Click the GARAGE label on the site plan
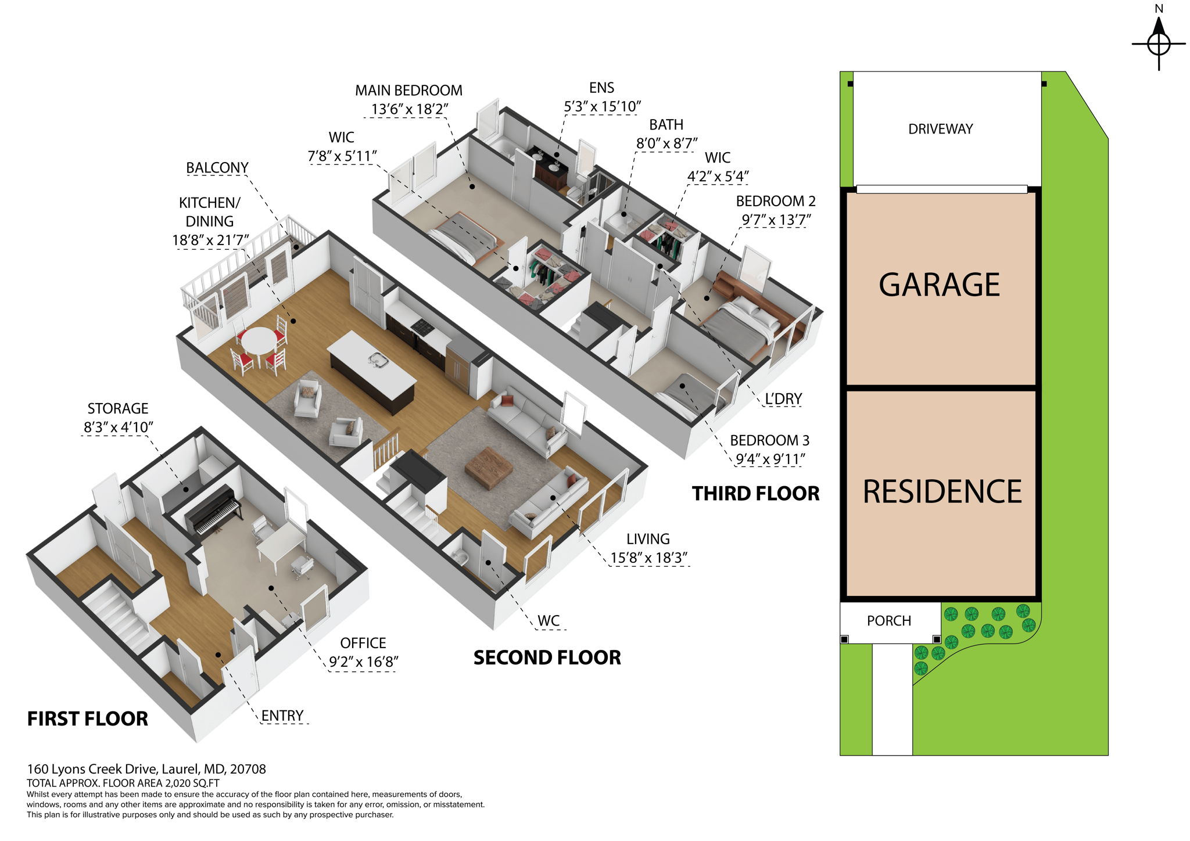(939, 285)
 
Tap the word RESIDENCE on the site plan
(942, 492)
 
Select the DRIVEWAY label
(940, 129)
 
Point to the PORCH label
(888, 621)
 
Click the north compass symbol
(1159, 43)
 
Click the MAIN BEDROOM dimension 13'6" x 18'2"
(409, 109)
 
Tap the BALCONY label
(217, 168)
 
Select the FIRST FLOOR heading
(88, 719)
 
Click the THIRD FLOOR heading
(755, 494)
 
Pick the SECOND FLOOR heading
(547, 657)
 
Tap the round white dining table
(259, 340)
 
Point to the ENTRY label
(282, 716)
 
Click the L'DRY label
(783, 399)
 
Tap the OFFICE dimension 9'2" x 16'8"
(363, 662)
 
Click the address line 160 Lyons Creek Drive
(146, 769)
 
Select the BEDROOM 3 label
(769, 440)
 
